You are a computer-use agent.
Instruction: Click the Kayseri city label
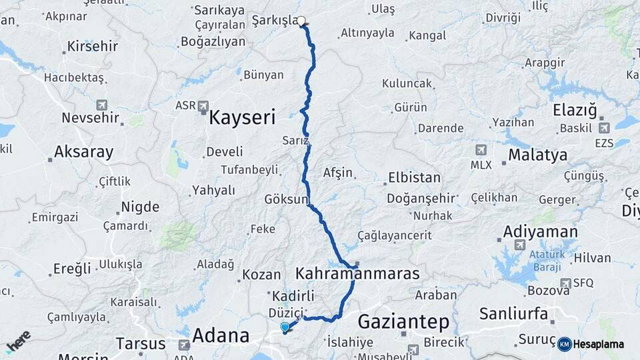pos(242,119)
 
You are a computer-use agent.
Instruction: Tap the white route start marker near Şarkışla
pos(301,21)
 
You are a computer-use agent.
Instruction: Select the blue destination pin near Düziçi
pos(285,327)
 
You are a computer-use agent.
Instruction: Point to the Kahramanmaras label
pos(357,273)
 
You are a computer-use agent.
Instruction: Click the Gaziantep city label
pos(403,322)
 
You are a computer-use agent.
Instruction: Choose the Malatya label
pos(537,155)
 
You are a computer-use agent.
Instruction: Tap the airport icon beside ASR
pos(203,105)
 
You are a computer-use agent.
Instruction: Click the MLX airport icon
pos(481,150)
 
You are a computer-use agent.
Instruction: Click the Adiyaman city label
pos(541,231)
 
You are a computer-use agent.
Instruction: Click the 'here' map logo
pos(18,341)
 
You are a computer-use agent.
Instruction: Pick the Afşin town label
pos(337,173)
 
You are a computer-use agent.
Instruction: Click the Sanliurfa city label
pos(513,313)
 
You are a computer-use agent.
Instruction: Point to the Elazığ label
pos(574,110)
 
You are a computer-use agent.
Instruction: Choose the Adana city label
pos(221,335)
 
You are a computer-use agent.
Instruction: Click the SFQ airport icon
pos(567,283)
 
